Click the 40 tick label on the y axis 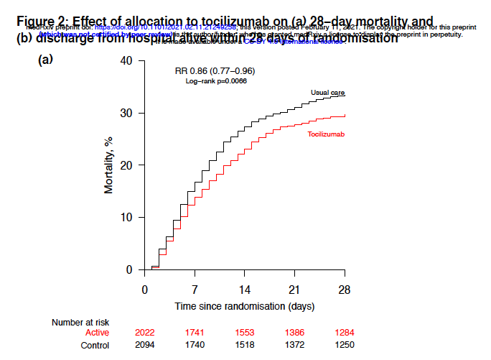click(126, 60)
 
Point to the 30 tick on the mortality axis click(126, 113)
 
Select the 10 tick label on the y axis click(126, 218)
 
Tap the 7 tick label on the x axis click(195, 290)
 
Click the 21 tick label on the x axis click(294, 290)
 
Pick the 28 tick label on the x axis click(345, 290)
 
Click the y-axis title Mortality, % click(109, 165)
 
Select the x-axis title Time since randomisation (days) click(245, 306)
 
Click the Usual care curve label click(327, 93)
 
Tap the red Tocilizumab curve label click(327, 135)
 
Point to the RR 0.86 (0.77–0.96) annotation click(215, 71)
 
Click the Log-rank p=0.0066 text click(216, 82)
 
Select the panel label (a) click(45, 60)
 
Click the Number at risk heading click(80, 323)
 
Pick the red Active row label click(97, 333)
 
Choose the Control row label click(94, 346)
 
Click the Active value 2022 click(145, 333)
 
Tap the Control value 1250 click(345, 346)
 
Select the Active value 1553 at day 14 click(245, 333)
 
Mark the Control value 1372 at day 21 click(294, 346)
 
